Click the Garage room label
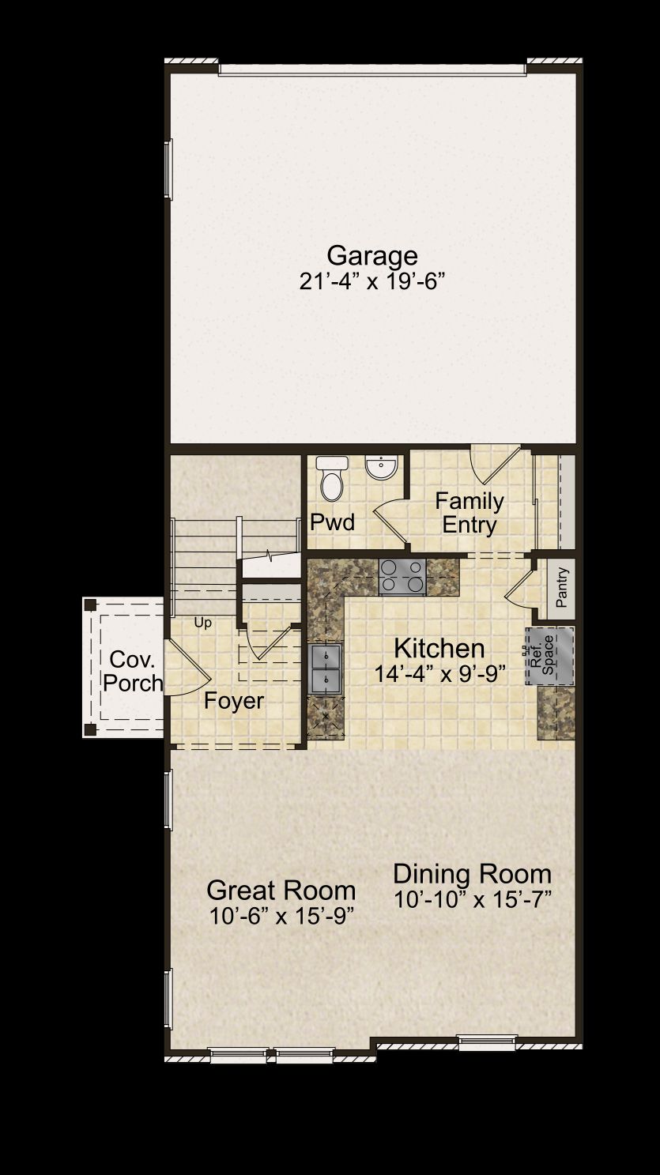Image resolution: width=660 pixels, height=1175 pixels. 372,256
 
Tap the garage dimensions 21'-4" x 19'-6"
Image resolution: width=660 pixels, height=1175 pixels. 372,281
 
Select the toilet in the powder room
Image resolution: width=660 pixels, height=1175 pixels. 332,478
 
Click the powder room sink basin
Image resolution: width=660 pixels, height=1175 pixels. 382,467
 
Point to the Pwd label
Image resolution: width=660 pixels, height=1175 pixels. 332,522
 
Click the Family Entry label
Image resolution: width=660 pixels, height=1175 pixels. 470,513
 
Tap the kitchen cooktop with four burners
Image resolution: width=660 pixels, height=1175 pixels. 402,577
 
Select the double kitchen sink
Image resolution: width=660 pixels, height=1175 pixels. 326,668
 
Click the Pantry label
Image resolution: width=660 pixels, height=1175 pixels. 562,587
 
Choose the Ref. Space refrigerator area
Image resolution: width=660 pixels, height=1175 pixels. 550,656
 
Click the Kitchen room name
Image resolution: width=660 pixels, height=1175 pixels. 439,649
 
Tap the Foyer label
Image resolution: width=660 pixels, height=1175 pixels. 234,701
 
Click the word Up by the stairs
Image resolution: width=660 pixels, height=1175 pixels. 202,623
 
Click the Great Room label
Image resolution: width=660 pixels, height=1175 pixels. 281,891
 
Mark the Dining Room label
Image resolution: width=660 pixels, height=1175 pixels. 472,875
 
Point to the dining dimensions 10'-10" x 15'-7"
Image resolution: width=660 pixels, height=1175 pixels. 472,900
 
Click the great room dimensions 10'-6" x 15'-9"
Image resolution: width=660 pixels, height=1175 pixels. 281,916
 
